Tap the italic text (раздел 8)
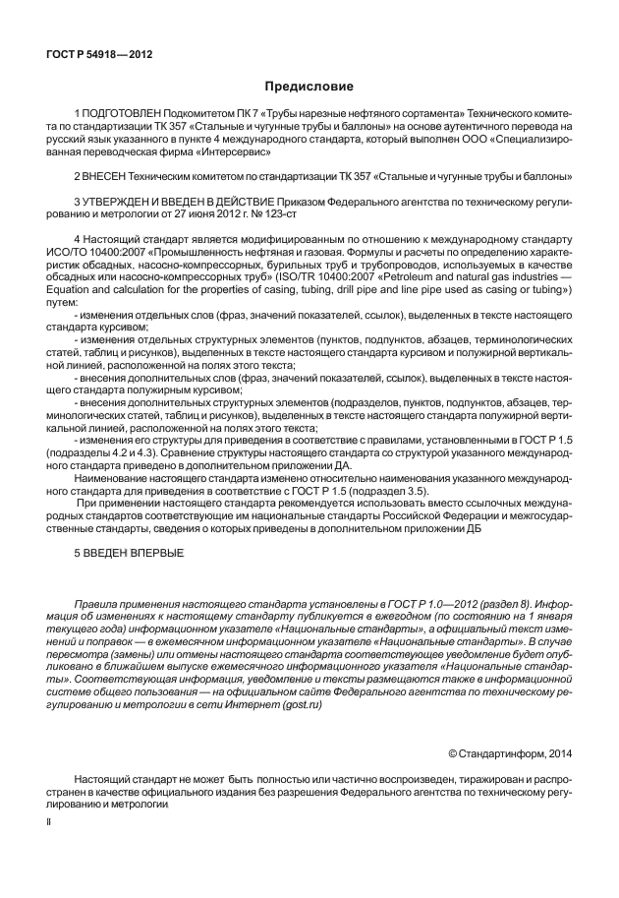point(460,602)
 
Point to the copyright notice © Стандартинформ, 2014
point(510,753)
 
